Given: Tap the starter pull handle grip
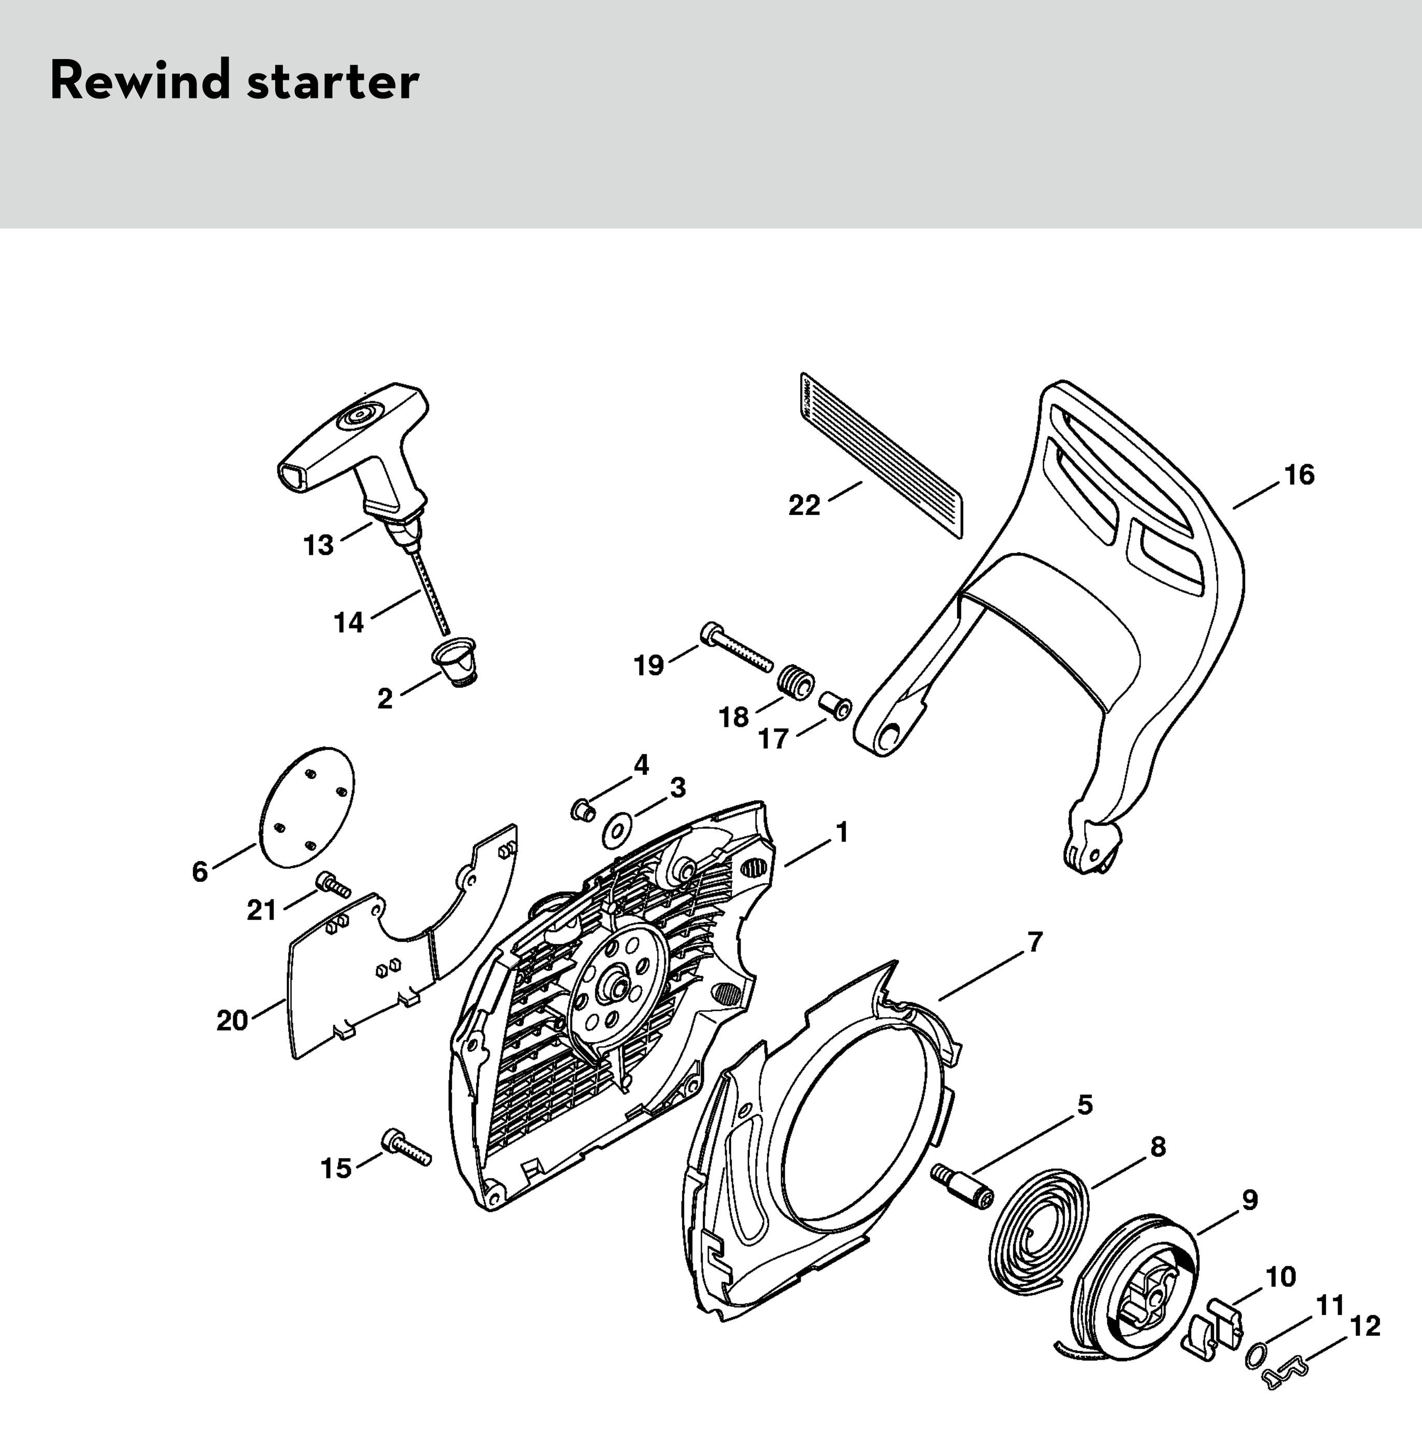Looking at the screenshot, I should pos(351,440).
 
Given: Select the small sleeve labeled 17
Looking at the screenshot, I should pos(835,705).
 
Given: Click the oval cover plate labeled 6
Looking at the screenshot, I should pos(306,807).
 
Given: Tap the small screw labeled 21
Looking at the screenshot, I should pos(333,885).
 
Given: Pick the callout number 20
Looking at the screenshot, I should pos(232,1020).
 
